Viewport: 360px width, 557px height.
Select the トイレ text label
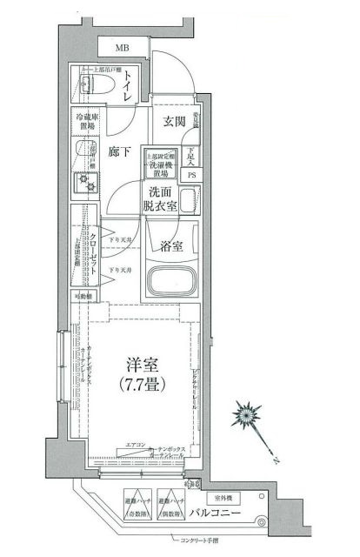(129, 87)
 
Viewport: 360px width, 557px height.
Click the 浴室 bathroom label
(171, 247)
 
